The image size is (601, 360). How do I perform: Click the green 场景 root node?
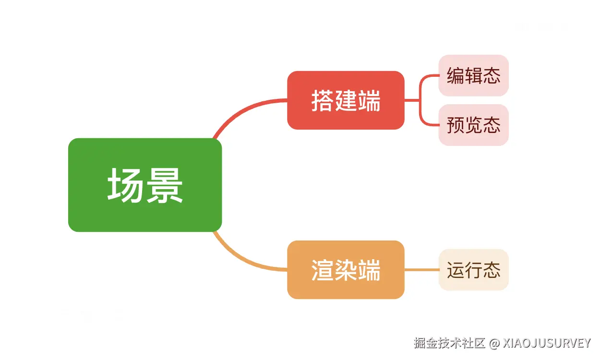[145, 185]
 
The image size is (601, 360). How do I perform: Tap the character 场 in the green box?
[125, 185]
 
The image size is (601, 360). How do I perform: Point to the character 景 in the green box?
[165, 185]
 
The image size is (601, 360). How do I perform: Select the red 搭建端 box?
[346, 100]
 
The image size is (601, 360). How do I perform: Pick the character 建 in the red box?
[346, 101]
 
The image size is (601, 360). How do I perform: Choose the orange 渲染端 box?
[346, 269]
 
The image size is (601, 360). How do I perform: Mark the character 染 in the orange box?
[346, 270]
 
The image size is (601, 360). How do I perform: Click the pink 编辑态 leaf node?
[473, 75]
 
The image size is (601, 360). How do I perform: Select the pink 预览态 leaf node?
[473, 125]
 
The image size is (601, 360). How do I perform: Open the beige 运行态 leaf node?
[473, 270]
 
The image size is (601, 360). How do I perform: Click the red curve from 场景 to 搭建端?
[240, 111]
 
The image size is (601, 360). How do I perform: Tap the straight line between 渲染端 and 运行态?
[421, 270]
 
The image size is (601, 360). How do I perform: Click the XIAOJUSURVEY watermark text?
[547, 343]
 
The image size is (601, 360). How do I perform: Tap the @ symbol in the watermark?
[494, 343]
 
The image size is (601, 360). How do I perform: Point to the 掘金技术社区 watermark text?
[449, 343]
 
